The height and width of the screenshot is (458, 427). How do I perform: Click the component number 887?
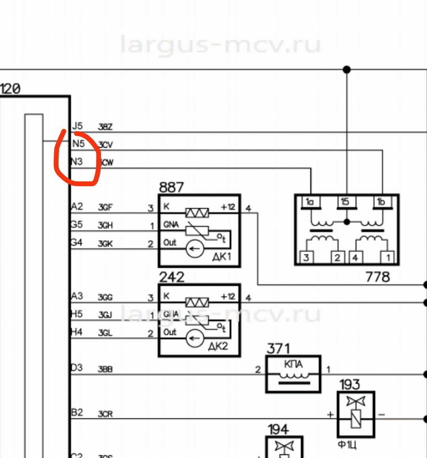[x=171, y=187]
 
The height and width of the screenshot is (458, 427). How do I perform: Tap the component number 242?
[x=172, y=277]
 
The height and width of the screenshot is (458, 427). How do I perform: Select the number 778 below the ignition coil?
[x=378, y=277]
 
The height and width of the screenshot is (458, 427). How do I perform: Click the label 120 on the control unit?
[x=10, y=89]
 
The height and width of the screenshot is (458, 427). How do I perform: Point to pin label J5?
[x=77, y=126]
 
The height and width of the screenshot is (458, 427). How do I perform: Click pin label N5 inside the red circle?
[x=78, y=144]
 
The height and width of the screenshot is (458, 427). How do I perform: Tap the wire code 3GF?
[x=105, y=207]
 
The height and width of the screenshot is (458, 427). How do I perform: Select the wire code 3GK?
[x=105, y=244]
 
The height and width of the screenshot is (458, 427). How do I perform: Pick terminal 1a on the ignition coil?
[x=310, y=202]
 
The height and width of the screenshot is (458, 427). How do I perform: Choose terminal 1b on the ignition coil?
[x=381, y=202]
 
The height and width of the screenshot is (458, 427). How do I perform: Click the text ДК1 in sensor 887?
[x=221, y=257]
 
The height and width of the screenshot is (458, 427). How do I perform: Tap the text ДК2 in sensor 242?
[x=218, y=346]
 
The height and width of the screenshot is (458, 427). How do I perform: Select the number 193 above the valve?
[x=350, y=384]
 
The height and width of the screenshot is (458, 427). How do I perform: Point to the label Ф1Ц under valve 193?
[x=347, y=445]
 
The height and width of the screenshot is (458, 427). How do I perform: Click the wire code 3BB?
[x=105, y=369]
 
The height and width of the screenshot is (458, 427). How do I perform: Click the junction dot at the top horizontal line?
[x=347, y=70]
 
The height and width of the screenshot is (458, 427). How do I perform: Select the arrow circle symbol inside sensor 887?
[x=195, y=249]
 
